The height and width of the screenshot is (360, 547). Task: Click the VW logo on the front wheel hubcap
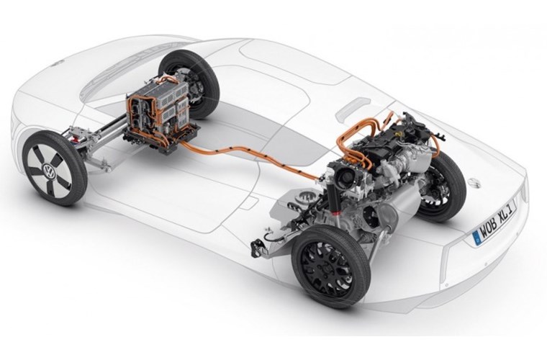pos(48,171)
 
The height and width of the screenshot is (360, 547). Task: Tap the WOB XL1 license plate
pos(495,222)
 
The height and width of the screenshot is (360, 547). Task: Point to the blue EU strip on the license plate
pos(476,237)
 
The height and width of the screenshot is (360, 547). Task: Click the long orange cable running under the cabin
pos(251,156)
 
